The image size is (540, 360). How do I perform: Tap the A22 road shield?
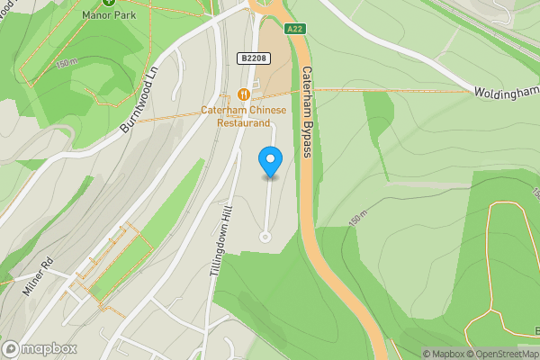pos(295,29)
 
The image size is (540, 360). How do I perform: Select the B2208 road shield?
pos(254,58)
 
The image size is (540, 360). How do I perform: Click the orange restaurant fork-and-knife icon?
pos(243,94)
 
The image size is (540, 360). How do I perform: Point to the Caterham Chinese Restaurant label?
pos(243,117)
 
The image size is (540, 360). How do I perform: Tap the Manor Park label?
pos(108,15)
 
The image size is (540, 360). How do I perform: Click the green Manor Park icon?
pos(108,2)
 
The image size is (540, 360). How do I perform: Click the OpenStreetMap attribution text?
pos(505,354)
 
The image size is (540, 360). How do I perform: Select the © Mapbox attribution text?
pos(444,354)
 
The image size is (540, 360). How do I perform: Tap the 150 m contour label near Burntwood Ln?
pos(67,64)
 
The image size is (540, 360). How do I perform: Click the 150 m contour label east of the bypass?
pos(358,220)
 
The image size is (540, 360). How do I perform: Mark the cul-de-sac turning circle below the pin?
pos(265,237)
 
